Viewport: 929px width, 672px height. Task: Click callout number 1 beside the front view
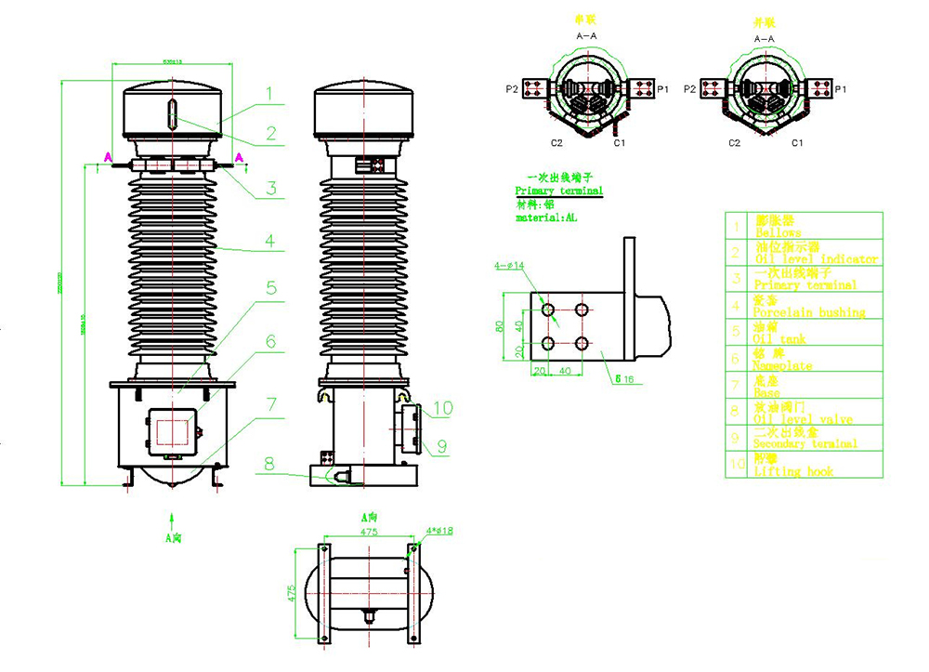coord(268,93)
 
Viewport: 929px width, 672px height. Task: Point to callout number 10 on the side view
coord(442,407)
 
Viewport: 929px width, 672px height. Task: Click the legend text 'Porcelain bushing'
coord(809,313)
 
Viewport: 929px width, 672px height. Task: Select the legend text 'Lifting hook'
coord(793,472)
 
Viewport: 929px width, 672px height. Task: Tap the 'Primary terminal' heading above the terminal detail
coord(558,191)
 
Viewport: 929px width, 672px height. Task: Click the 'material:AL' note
coord(546,217)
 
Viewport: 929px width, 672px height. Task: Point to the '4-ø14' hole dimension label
coord(509,266)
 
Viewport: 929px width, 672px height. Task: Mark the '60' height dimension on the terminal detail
coord(499,326)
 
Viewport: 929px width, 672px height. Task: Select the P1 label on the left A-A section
coord(662,89)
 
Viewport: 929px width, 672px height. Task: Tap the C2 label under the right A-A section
coord(734,143)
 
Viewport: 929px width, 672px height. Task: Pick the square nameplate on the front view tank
coord(172,430)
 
